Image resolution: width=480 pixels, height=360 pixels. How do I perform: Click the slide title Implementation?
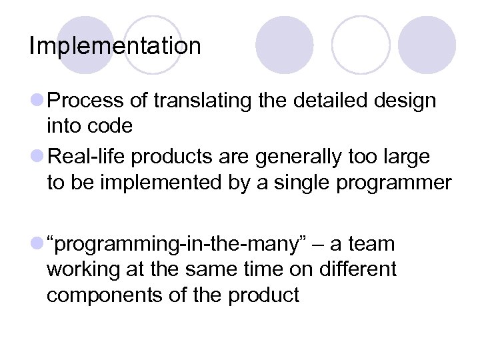pyautogui.click(x=115, y=46)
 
